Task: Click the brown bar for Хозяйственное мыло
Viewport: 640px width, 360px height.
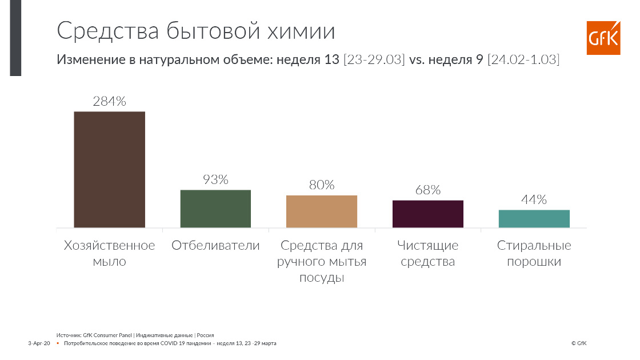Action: coord(109,169)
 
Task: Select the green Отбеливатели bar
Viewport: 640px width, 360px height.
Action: coord(215,209)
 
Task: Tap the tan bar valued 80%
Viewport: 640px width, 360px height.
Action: coord(322,211)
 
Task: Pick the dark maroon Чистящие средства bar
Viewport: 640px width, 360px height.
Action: coord(428,214)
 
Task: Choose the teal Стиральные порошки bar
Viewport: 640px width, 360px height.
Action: coord(534,219)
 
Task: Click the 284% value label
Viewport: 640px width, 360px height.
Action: coord(109,101)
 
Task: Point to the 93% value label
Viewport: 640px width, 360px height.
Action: coord(215,179)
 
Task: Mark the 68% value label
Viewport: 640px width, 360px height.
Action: coord(428,190)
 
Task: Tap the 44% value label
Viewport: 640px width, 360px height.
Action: coord(534,199)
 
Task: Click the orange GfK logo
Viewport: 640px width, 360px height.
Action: coord(603,38)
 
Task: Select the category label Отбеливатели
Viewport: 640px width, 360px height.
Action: coord(215,245)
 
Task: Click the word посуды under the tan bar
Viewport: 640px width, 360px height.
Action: coord(322,278)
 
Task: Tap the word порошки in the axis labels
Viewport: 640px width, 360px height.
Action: coord(534,262)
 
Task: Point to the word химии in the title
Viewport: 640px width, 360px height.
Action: coord(301,31)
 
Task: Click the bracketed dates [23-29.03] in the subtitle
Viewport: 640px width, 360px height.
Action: coord(374,59)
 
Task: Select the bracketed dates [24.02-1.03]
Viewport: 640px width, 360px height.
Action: coord(523,59)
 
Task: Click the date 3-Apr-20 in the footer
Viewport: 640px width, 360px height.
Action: coord(39,343)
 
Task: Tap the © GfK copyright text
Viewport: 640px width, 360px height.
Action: coord(579,343)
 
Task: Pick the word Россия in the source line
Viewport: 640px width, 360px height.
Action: coord(205,335)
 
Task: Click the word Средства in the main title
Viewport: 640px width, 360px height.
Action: coord(108,31)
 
